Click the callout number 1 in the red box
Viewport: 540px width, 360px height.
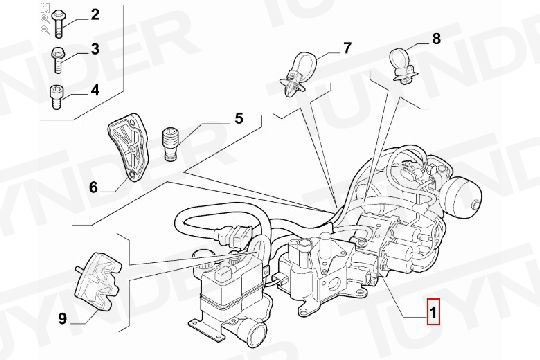(433, 312)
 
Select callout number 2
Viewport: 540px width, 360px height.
(95, 14)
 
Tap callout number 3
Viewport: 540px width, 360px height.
(95, 49)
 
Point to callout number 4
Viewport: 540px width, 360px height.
(95, 90)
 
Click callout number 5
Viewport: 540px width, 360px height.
(239, 118)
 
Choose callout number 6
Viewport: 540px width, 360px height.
(93, 187)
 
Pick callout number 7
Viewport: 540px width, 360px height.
(347, 48)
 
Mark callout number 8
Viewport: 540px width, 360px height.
(436, 39)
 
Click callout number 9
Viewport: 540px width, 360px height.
(62, 319)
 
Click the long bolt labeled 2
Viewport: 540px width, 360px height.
(58, 23)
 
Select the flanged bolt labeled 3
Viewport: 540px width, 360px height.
(58, 60)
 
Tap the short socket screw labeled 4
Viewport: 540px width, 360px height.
(56, 97)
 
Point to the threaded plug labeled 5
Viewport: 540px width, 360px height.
(169, 144)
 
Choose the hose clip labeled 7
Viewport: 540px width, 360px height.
(296, 73)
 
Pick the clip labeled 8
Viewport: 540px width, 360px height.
(402, 65)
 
